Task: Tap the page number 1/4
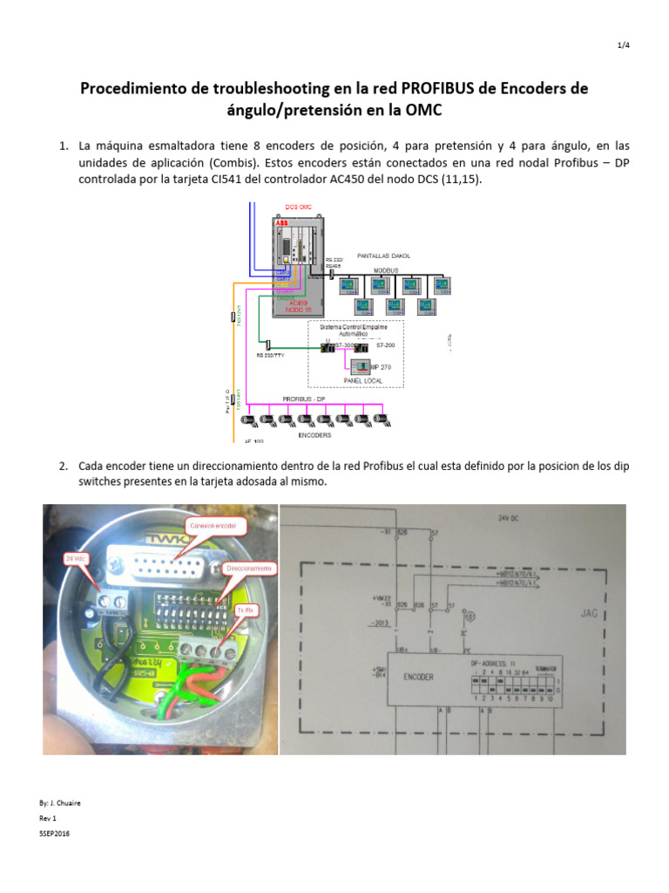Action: click(623, 46)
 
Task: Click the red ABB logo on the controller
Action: click(281, 224)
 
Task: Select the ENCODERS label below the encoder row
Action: click(315, 433)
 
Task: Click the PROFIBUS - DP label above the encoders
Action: click(304, 399)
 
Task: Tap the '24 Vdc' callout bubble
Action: click(77, 556)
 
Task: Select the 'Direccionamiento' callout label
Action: click(249, 568)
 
